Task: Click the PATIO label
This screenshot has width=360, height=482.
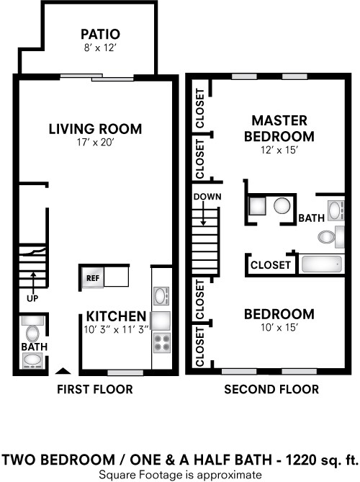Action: point(100,34)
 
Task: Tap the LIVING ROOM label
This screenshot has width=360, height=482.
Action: point(95,129)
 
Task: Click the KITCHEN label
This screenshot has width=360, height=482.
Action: point(117,316)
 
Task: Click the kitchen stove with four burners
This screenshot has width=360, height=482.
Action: point(161,342)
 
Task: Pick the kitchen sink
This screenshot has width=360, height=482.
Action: point(161,295)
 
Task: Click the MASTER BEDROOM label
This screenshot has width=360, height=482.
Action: point(279,128)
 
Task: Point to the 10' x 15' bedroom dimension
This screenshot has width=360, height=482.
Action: point(279,328)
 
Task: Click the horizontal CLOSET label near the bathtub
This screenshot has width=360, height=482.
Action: point(271,265)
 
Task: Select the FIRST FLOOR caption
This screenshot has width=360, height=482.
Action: point(95,390)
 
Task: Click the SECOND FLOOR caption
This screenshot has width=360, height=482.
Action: point(271,390)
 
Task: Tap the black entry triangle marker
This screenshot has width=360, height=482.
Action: point(63,372)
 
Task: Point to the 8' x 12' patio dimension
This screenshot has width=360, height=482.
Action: point(100,48)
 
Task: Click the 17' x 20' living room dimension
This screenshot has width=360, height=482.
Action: point(95,143)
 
